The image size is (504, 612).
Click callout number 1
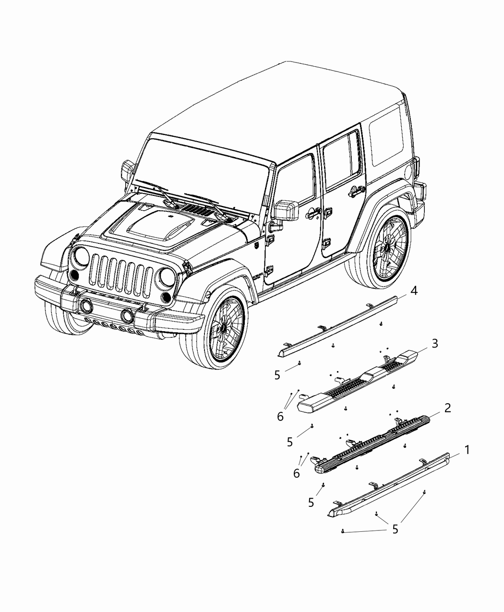[x=467, y=450]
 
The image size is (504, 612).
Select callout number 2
[x=447, y=408]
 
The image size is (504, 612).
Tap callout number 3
[x=434, y=343]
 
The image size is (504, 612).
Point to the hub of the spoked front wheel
[x=224, y=328]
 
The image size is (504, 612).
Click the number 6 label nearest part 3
[x=280, y=417]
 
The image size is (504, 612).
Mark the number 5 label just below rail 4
[x=277, y=375]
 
